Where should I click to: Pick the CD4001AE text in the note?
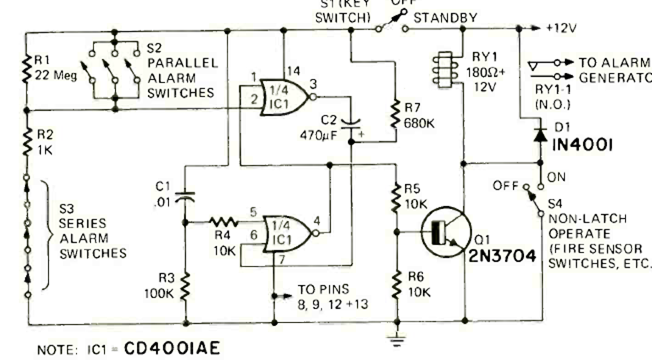(171, 346)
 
